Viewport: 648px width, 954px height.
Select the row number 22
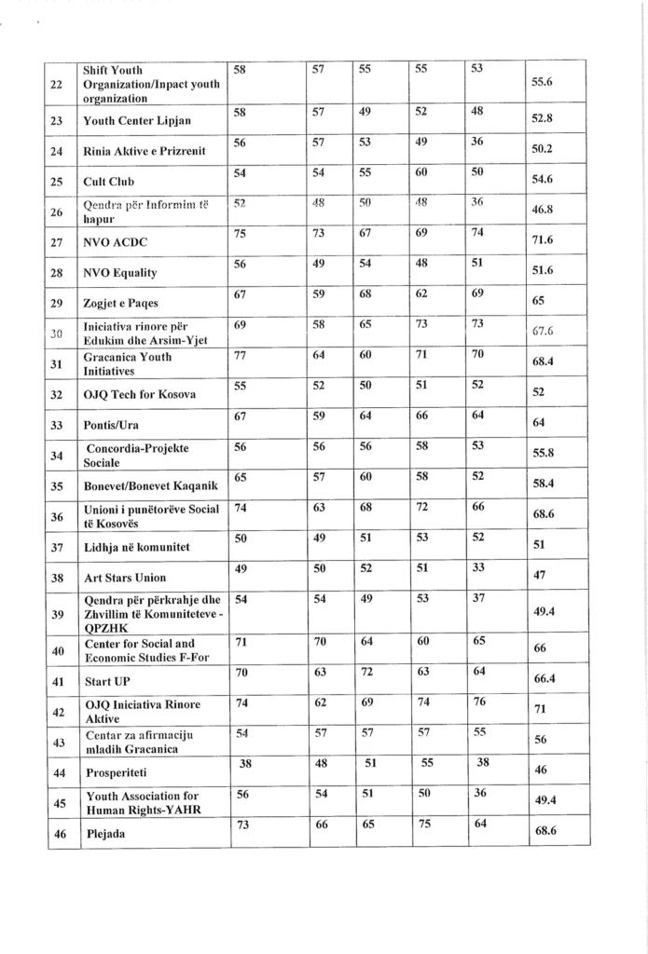click(58, 84)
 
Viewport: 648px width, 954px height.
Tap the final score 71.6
click(543, 243)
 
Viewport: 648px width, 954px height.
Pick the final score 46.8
click(543, 212)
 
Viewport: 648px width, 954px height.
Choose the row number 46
click(58, 834)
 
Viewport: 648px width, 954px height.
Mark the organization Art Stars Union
click(125, 578)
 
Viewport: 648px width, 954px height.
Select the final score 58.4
click(543, 485)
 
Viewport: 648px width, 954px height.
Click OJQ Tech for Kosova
click(139, 395)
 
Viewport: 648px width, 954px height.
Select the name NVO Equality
click(120, 273)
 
